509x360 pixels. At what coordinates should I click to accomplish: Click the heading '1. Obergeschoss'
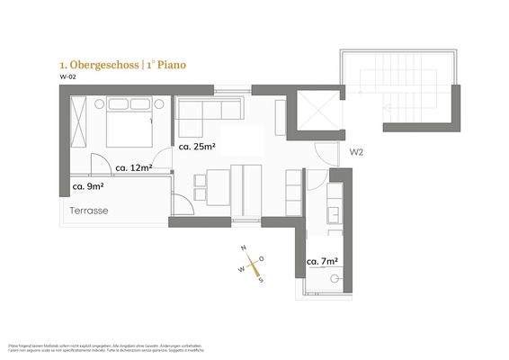91,66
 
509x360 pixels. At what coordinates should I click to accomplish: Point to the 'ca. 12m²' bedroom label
132,167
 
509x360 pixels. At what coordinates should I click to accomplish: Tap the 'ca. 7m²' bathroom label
322,263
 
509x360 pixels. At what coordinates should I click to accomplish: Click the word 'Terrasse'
90,210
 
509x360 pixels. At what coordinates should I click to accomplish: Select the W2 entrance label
356,152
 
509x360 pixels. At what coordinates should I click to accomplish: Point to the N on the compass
243,249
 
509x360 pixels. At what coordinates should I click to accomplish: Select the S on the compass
260,278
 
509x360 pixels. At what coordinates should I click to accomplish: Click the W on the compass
240,268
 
